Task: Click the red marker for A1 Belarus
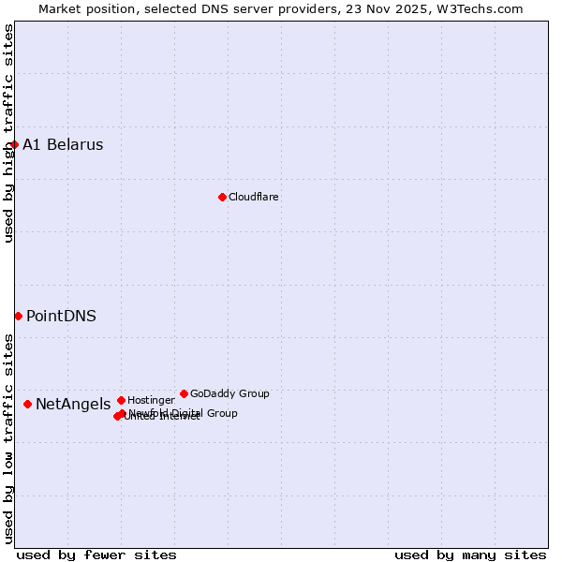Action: (x=14, y=144)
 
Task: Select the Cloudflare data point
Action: (x=222, y=197)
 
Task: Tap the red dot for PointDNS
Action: (x=18, y=316)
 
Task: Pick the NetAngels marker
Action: (x=27, y=404)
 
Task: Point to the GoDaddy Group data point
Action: (x=184, y=393)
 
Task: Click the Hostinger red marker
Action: (x=121, y=400)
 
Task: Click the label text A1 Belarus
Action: (x=63, y=144)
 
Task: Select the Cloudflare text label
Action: (x=253, y=197)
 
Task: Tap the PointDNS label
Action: (x=61, y=316)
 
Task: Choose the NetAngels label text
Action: (x=73, y=404)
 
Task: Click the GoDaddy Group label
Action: (x=229, y=393)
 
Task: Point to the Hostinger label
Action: (x=151, y=400)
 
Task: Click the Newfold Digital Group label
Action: (x=184, y=412)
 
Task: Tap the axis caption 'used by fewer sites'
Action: (x=96, y=555)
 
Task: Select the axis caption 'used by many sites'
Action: (x=470, y=555)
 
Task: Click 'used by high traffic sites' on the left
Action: (x=8, y=133)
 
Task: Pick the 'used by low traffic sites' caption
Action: (x=8, y=437)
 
